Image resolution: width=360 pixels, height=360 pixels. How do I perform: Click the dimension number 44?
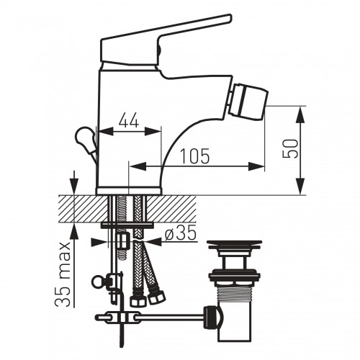(129, 120)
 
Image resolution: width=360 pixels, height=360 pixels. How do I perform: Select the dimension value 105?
(194, 156)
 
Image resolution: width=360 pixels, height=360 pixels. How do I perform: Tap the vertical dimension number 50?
(290, 148)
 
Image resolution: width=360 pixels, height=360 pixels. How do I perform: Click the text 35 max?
(63, 274)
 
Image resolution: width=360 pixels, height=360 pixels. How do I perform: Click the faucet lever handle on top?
(166, 41)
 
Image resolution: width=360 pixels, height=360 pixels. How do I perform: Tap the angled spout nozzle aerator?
(248, 102)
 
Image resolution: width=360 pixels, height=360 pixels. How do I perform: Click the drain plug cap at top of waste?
(235, 244)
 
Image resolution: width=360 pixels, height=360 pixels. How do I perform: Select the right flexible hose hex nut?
(156, 297)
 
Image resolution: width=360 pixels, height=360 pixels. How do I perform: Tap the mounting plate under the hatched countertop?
(127, 225)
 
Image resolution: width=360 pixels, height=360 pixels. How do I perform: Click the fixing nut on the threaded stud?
(123, 241)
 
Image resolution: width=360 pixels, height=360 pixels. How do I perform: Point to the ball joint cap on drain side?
(213, 317)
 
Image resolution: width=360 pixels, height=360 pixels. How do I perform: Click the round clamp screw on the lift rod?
(99, 281)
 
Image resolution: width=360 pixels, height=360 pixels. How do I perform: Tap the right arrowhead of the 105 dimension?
(256, 166)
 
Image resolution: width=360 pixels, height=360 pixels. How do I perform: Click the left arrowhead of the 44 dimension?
(106, 131)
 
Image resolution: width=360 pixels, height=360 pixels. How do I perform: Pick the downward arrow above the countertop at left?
(74, 183)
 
